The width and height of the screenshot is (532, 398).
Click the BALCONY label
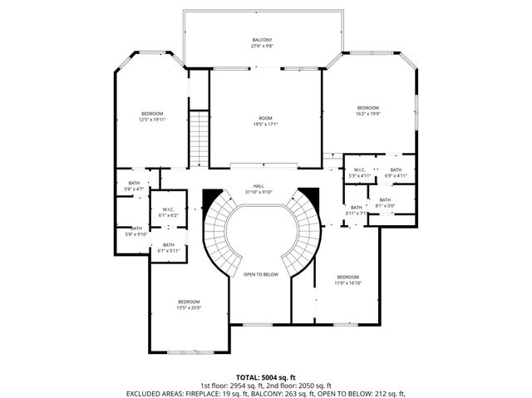click(263, 40)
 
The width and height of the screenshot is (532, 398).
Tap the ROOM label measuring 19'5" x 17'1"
click(265, 118)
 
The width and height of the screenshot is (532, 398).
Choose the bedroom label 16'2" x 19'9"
click(367, 108)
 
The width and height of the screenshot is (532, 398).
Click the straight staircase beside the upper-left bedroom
click(198, 139)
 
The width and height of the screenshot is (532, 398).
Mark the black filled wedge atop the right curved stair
click(308, 196)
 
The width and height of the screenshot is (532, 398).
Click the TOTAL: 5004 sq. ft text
click(265, 377)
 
